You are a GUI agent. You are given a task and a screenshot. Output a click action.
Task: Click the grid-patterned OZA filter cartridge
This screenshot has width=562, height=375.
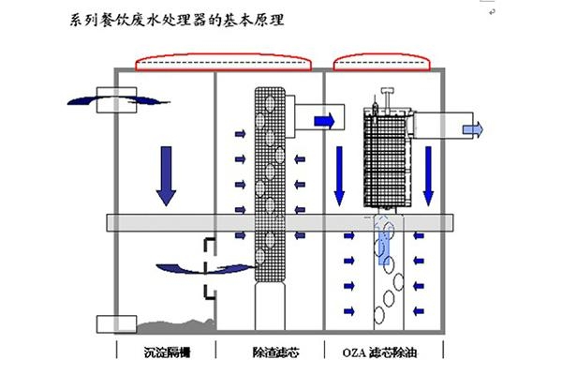[x=385, y=155]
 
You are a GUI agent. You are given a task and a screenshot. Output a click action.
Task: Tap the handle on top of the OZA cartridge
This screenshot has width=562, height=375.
[x=385, y=97]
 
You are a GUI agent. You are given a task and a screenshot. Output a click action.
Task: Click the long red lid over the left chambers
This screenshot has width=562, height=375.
[x=223, y=64]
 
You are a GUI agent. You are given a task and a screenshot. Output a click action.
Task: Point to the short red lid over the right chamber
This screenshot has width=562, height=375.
[x=382, y=64]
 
